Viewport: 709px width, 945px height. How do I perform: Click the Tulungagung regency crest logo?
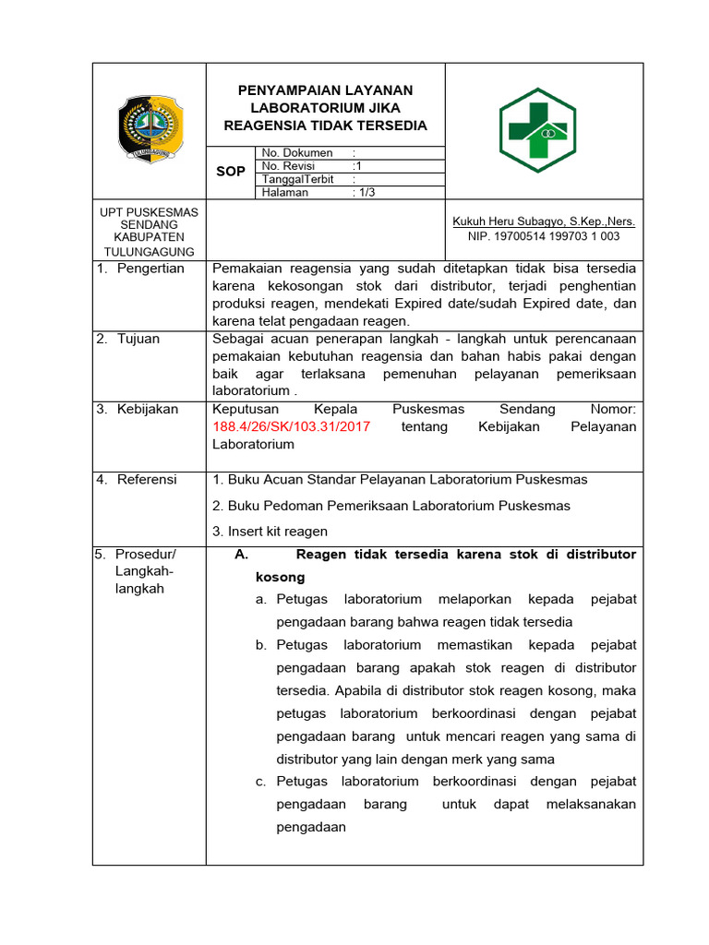click(x=149, y=130)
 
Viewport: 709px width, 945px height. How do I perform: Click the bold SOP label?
click(x=230, y=172)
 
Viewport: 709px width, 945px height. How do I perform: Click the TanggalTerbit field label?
click(x=297, y=179)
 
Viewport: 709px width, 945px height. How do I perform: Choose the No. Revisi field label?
click(x=289, y=165)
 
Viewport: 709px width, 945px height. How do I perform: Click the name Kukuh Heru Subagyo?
click(x=543, y=221)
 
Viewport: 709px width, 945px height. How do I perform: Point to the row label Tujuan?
click(x=138, y=339)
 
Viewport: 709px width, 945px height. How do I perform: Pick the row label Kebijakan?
click(x=147, y=409)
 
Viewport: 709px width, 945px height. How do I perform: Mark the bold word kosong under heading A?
click(x=280, y=577)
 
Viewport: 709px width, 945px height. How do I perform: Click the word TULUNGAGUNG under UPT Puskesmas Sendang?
click(x=149, y=252)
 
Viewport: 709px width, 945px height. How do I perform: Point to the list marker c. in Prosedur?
click(x=261, y=782)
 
